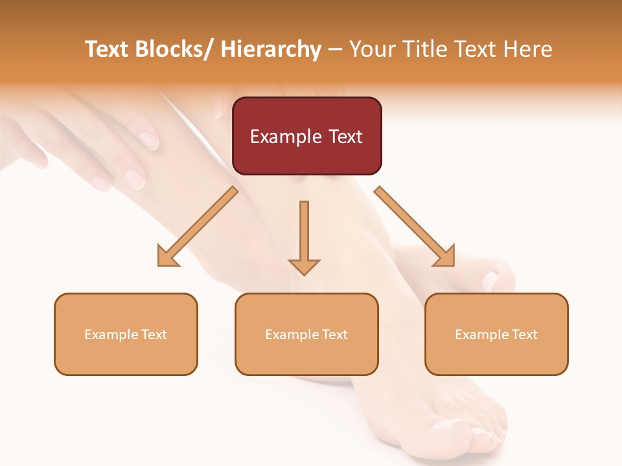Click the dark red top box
tap(306, 136)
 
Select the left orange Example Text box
tap(126, 334)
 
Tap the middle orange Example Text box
tap(306, 334)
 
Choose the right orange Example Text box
tap(496, 334)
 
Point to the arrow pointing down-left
tap(198, 227)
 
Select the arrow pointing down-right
tap(415, 227)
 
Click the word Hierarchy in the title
tap(271, 49)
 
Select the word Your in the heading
tap(373, 49)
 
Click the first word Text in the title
tap(108, 49)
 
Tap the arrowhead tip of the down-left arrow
tap(159, 265)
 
